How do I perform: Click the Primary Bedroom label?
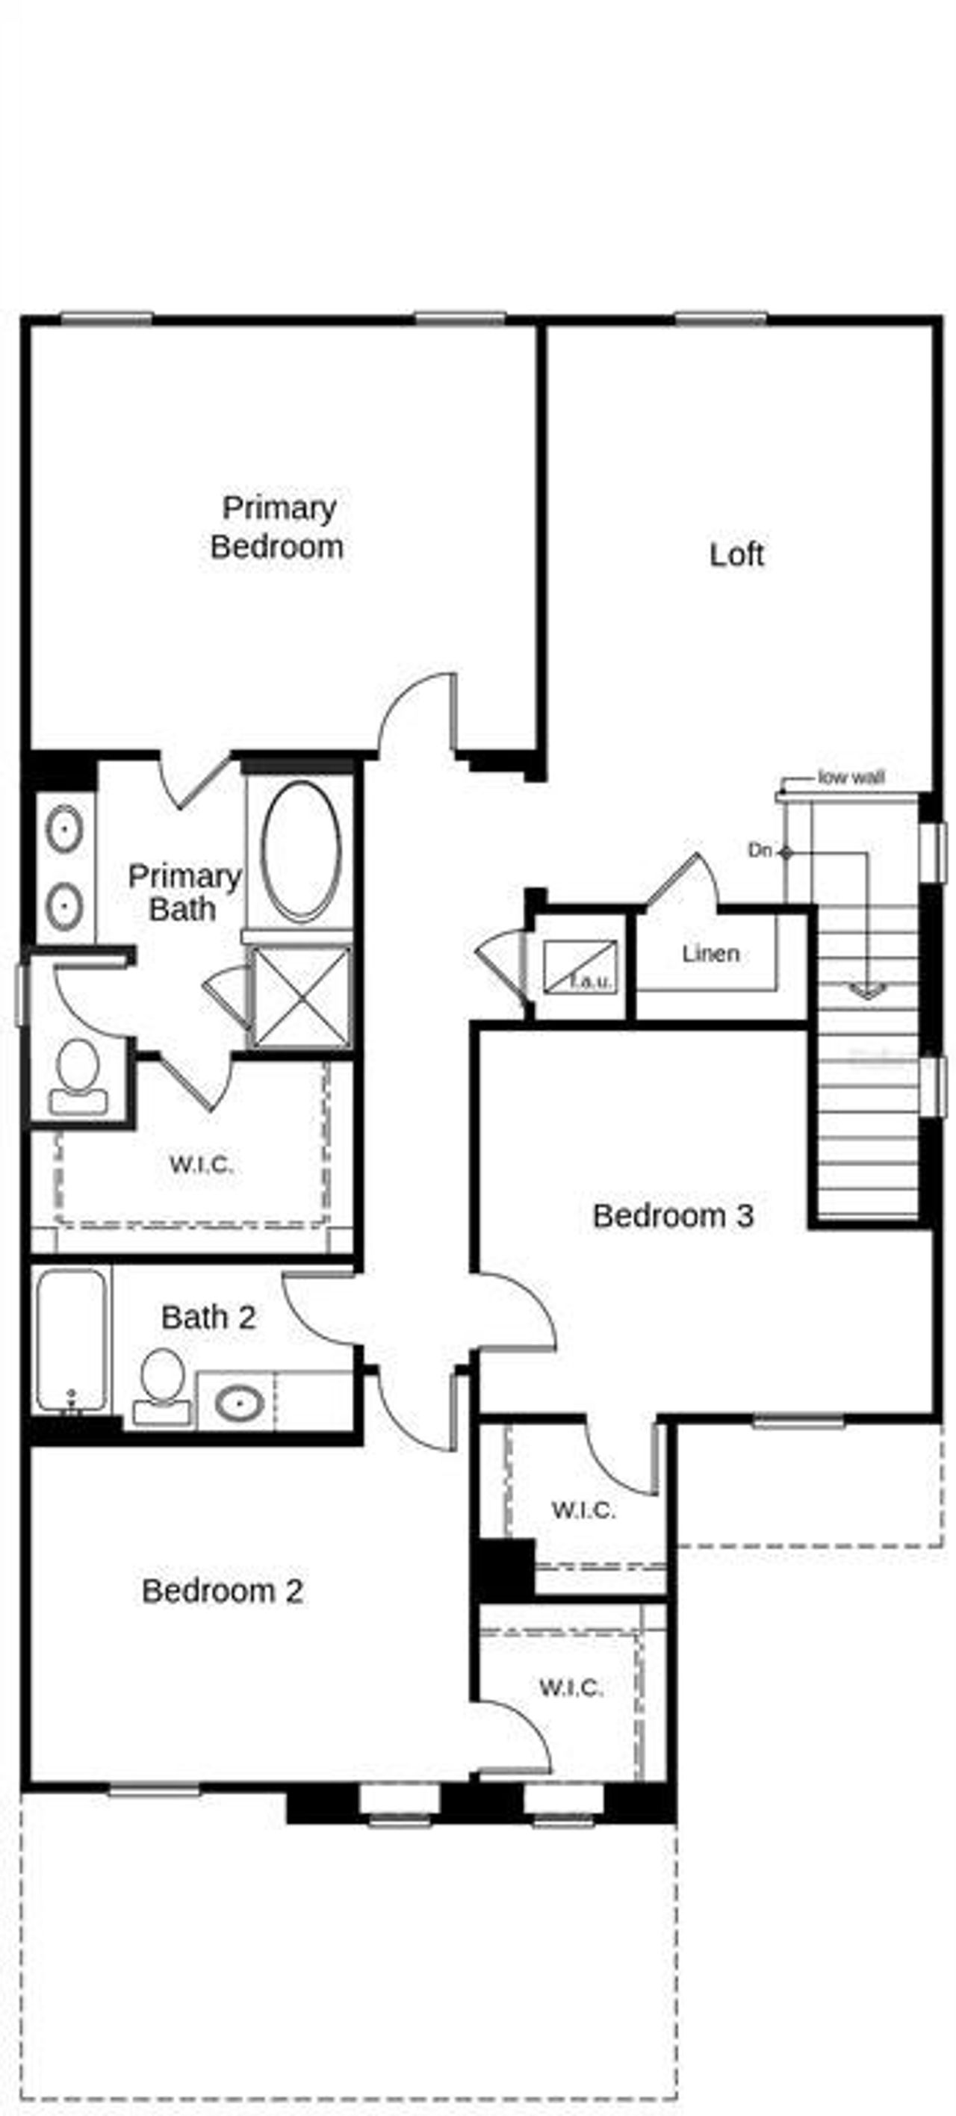coord(277,527)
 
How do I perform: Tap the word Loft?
coord(736,554)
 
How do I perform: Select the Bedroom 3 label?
coord(673,1216)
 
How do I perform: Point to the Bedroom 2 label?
coord(222,1591)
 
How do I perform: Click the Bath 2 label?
coord(208,1318)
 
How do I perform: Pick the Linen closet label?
coord(710,954)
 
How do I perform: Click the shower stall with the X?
coord(299,996)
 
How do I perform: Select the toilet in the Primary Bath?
coord(78,1076)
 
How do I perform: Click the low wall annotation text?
coord(851,777)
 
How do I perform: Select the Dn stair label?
coord(760,851)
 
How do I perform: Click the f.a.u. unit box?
coord(580,967)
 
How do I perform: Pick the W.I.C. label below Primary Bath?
coord(201,1164)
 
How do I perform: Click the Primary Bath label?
coord(184,893)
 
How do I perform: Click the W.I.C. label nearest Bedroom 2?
coord(571,1687)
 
